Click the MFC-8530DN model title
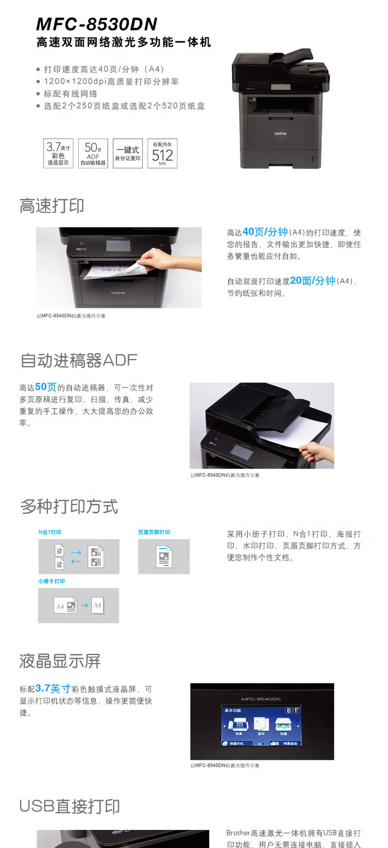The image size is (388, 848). [x=97, y=24]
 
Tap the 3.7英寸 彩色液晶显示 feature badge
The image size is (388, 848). [x=58, y=153]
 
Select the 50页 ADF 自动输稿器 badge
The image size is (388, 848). [x=93, y=153]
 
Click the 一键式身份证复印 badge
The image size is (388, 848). [x=128, y=153]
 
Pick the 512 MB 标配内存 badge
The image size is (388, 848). [x=162, y=153]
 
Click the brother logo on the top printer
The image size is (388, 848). [x=280, y=134]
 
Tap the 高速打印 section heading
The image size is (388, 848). [x=52, y=206]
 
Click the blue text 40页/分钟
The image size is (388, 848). [x=265, y=232]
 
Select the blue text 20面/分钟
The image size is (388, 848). [x=312, y=280]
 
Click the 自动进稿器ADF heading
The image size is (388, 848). [x=79, y=360]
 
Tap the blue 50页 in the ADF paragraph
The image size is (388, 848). [x=46, y=387]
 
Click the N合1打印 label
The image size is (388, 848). [x=50, y=532]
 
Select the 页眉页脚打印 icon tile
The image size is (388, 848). [x=163, y=557]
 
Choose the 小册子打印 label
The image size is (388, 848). [x=51, y=581]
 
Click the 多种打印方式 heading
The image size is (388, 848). [x=69, y=507]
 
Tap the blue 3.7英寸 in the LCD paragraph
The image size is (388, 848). [x=53, y=688]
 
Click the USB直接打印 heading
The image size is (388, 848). [x=70, y=806]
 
